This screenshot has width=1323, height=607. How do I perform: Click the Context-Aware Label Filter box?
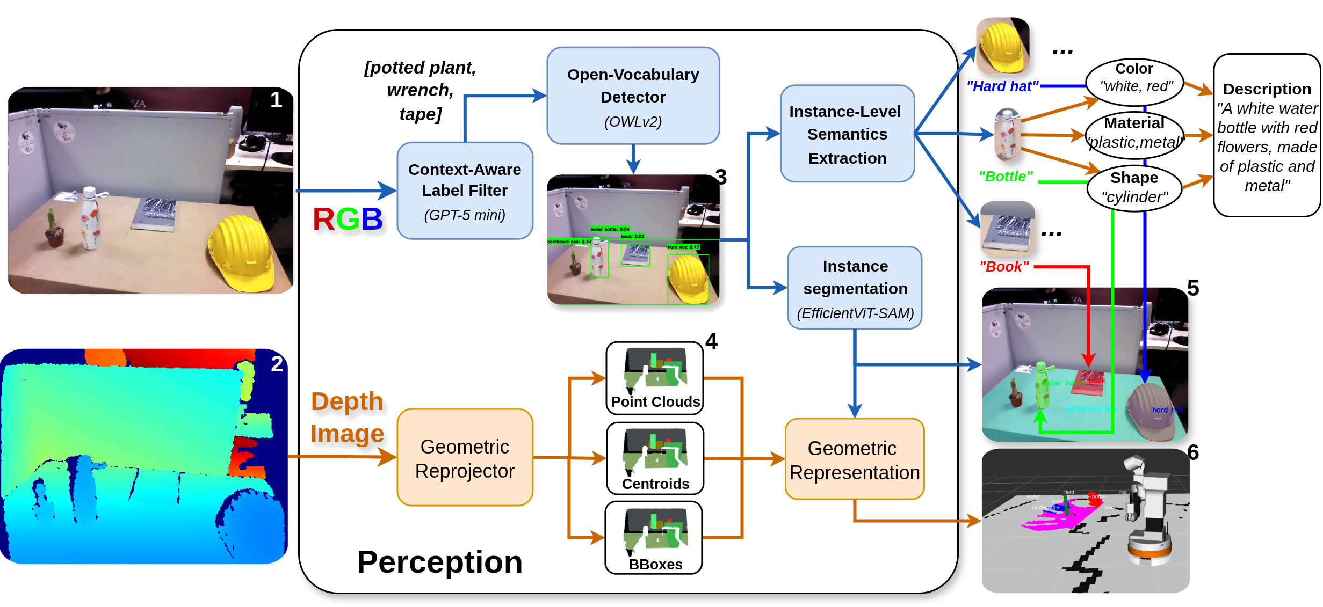(x=465, y=191)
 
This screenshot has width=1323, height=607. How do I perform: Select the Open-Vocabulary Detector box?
(x=633, y=96)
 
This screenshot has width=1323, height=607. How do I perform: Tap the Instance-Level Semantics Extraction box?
(x=847, y=134)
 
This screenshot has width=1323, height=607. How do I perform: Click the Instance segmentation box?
(x=855, y=288)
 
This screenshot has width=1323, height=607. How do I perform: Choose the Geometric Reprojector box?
(x=465, y=458)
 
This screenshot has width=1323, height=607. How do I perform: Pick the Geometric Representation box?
(x=854, y=459)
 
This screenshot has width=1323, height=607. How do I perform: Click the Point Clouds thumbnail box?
(x=655, y=378)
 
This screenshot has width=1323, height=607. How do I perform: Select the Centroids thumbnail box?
(x=655, y=458)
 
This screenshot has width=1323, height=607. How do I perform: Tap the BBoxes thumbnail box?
(x=654, y=537)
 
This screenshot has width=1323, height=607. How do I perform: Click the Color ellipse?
(x=1134, y=78)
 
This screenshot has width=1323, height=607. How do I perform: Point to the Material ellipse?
(x=1134, y=133)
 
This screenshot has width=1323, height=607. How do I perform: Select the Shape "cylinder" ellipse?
(x=1134, y=187)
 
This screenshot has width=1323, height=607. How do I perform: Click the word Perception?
(x=439, y=562)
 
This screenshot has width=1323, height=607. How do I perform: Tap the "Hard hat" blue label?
(x=1002, y=86)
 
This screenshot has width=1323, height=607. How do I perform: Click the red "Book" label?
(x=1003, y=267)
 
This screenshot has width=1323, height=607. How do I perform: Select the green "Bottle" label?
(x=1006, y=177)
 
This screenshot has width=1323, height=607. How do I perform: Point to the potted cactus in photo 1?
(x=53, y=230)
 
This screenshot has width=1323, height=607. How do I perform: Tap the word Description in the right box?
(x=1267, y=89)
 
